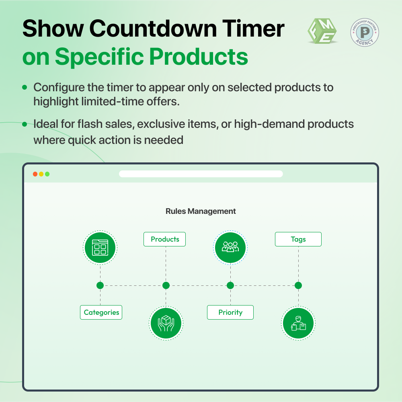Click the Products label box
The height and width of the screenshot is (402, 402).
click(164, 239)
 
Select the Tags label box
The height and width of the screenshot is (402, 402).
click(298, 239)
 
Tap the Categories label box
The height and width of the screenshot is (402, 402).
click(101, 312)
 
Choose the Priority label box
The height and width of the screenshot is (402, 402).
click(230, 312)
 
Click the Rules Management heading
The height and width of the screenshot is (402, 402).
click(201, 211)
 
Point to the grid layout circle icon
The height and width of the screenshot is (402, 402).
click(100, 247)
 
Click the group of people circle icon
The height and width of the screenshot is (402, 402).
click(230, 247)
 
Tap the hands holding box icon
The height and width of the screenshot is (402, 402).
click(166, 323)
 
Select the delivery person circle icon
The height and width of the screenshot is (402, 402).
click(298, 323)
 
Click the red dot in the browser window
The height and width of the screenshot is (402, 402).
click(35, 174)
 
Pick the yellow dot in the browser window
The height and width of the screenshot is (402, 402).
click(41, 174)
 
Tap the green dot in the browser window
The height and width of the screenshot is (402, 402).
click(47, 174)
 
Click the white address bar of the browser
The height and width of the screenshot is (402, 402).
click(201, 174)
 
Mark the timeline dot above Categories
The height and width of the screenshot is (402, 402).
click(100, 285)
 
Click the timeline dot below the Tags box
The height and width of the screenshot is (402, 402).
click(298, 285)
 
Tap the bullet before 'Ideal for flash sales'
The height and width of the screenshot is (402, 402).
click(25, 124)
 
